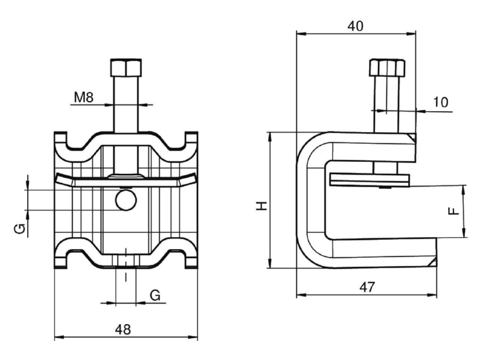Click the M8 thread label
pos(83,97)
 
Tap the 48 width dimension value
pos(123,329)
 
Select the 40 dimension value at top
pos(356,26)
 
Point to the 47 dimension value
pos(367,287)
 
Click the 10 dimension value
pos(440,102)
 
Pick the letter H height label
pos(262,206)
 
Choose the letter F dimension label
pos(454,211)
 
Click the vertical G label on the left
pos(20,229)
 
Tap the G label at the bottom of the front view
pos(155,295)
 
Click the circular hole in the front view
pos(126,200)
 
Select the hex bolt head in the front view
pos(126,68)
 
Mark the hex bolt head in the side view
pos(387,68)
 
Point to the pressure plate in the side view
pos(370,180)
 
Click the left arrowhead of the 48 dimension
pos(59,337)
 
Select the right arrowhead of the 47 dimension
pos(432,295)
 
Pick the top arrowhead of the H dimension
pos(269,137)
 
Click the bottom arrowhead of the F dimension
pos(464,232)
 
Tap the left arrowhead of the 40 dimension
pos(301,34)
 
